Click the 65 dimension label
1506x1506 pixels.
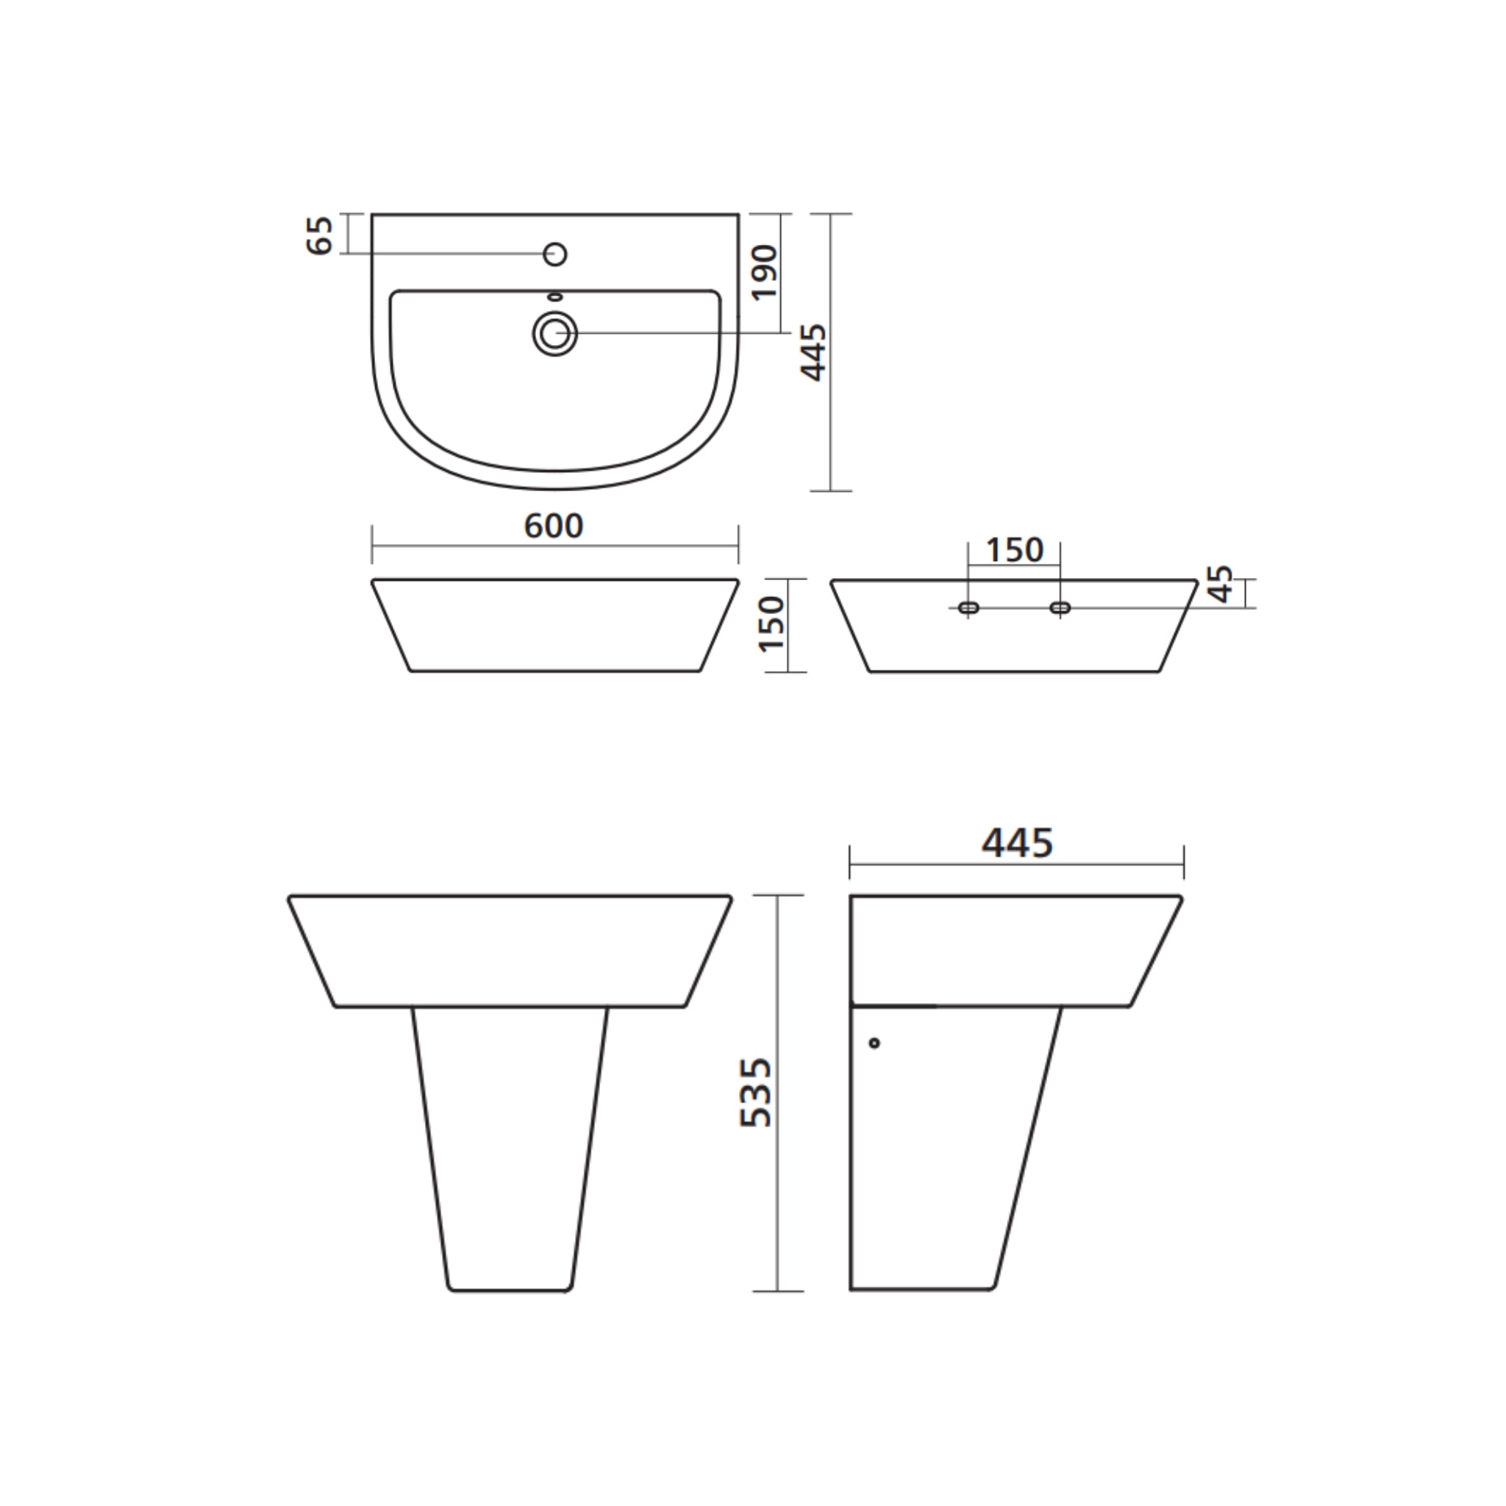[321, 235]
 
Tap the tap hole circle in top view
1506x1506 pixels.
[555, 254]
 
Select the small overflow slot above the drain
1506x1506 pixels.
[555, 297]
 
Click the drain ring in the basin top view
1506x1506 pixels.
[555, 335]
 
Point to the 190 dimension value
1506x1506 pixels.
[766, 272]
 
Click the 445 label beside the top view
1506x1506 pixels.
[814, 352]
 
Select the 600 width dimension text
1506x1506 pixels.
[554, 527]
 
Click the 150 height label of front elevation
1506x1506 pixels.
[771, 624]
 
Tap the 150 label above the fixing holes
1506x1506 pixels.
[1014, 550]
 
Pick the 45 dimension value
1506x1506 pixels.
[1222, 584]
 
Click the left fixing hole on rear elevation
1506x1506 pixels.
[969, 607]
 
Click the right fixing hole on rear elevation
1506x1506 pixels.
[1060, 607]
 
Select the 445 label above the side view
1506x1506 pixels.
[1017, 843]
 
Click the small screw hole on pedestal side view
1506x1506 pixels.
[874, 1043]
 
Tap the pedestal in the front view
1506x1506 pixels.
[510, 1146]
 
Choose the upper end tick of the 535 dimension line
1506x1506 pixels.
[778, 896]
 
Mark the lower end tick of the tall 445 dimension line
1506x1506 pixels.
[831, 491]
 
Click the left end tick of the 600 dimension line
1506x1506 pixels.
[373, 544]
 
